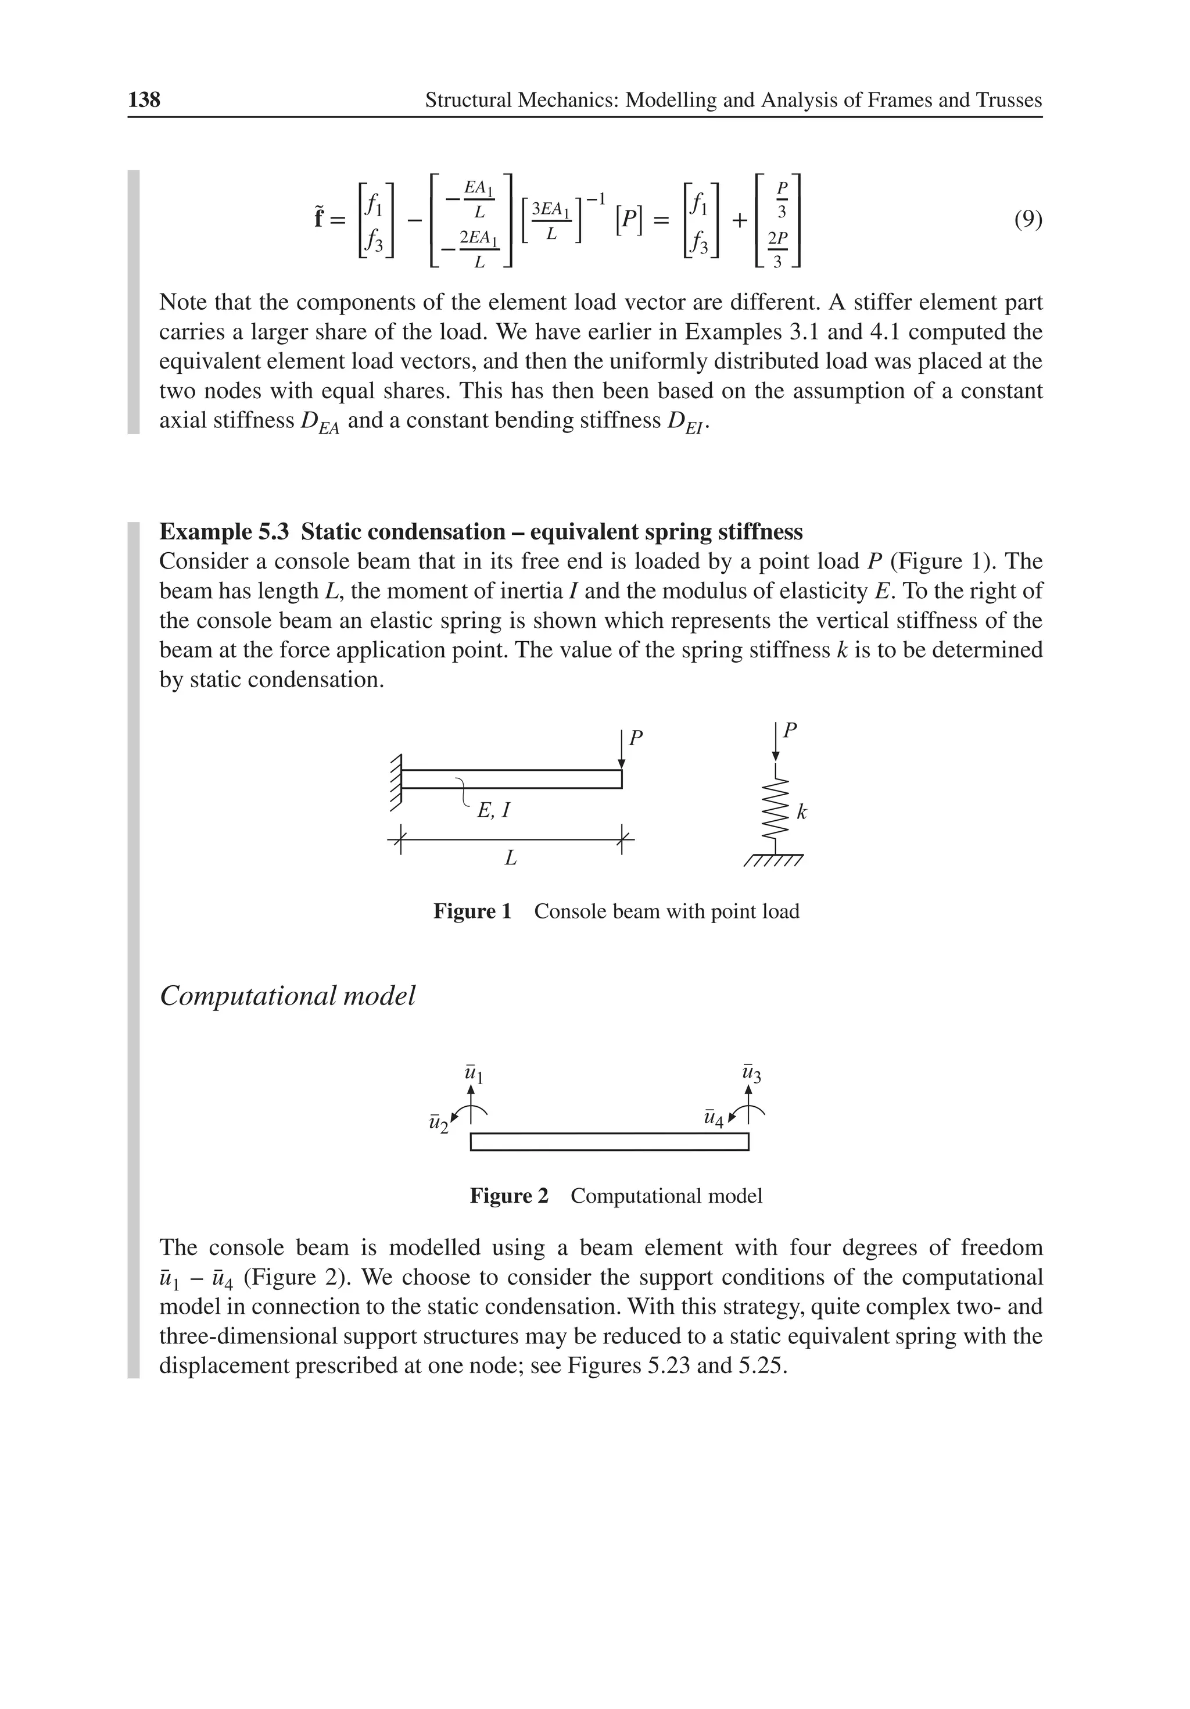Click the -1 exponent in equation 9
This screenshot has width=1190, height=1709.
[596, 199]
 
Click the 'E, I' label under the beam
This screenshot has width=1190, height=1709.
[493, 810]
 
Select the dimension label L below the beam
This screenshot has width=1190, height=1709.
[511, 858]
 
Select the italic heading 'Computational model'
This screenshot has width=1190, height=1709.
[287, 995]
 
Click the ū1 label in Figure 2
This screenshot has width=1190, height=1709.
[474, 1074]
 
